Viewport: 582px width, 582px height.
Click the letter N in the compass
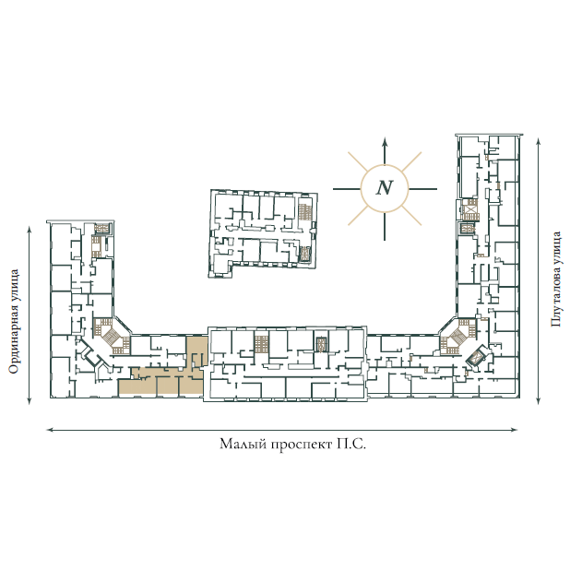tap(385, 187)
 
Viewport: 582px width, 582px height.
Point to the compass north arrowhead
tap(385, 141)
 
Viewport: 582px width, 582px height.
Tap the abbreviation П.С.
tap(351, 444)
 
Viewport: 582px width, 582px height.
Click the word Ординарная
tap(13, 338)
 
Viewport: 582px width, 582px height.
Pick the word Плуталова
tap(555, 298)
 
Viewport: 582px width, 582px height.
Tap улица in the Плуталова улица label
tap(555, 249)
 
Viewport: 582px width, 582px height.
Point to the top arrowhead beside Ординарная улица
tap(30, 228)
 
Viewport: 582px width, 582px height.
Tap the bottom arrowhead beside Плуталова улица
tap(539, 400)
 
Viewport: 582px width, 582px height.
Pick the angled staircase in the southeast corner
tap(458, 335)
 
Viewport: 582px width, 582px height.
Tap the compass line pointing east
tap(422, 189)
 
